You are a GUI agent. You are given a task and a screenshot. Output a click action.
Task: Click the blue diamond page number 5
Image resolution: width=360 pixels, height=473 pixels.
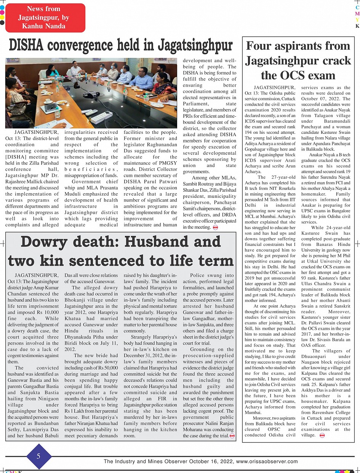(x=38, y=456)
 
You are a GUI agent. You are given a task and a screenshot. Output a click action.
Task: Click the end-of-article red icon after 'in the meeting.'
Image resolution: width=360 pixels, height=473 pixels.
(x=216, y=228)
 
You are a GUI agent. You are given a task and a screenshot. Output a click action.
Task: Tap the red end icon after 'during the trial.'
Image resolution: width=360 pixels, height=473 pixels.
(x=232, y=436)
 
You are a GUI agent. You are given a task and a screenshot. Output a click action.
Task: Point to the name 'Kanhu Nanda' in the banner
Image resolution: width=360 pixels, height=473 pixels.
(x=43, y=26)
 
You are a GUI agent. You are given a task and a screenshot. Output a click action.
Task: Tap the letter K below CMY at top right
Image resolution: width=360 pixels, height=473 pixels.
(x=357, y=26)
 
